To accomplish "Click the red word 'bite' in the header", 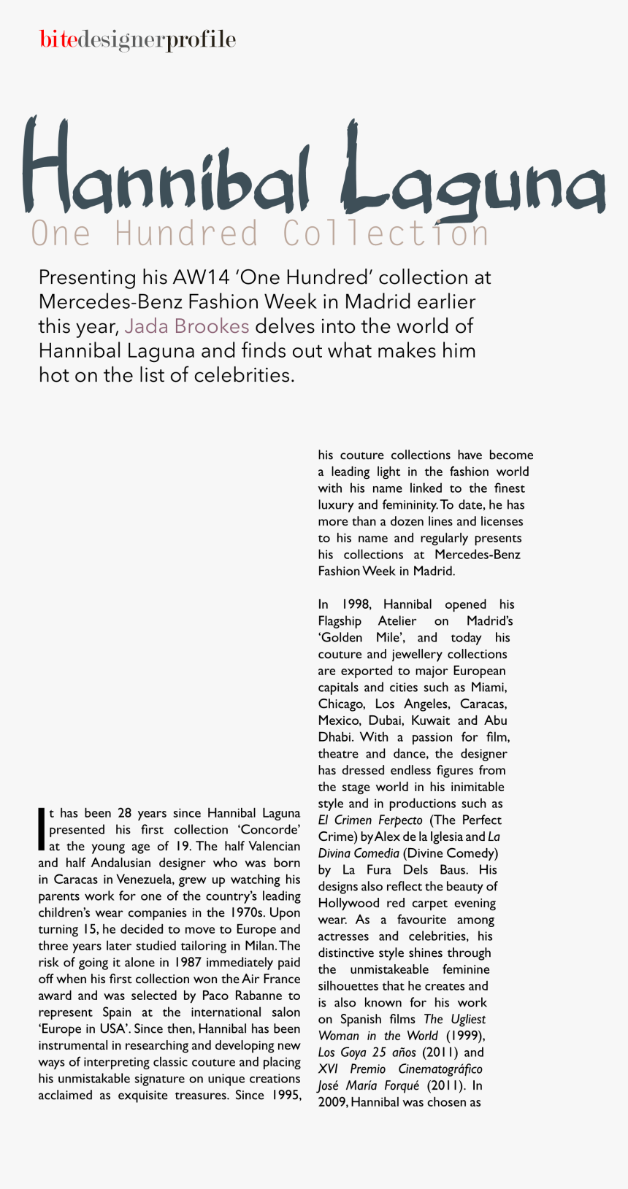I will (58, 39).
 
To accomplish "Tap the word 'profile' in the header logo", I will (201, 40).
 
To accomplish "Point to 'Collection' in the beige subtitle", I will (386, 234).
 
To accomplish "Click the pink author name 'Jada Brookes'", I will (187, 326).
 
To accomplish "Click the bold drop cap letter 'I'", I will (42, 829).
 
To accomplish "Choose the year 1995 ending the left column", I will (286, 1096).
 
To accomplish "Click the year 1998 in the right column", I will (356, 604).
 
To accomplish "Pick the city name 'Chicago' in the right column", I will (342, 704).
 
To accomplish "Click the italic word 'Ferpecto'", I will (400, 820).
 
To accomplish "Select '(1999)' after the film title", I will (465, 1036).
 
